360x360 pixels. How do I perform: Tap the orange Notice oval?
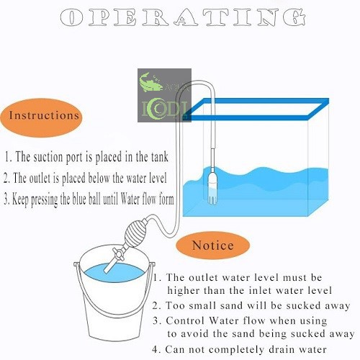click(212, 246)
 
